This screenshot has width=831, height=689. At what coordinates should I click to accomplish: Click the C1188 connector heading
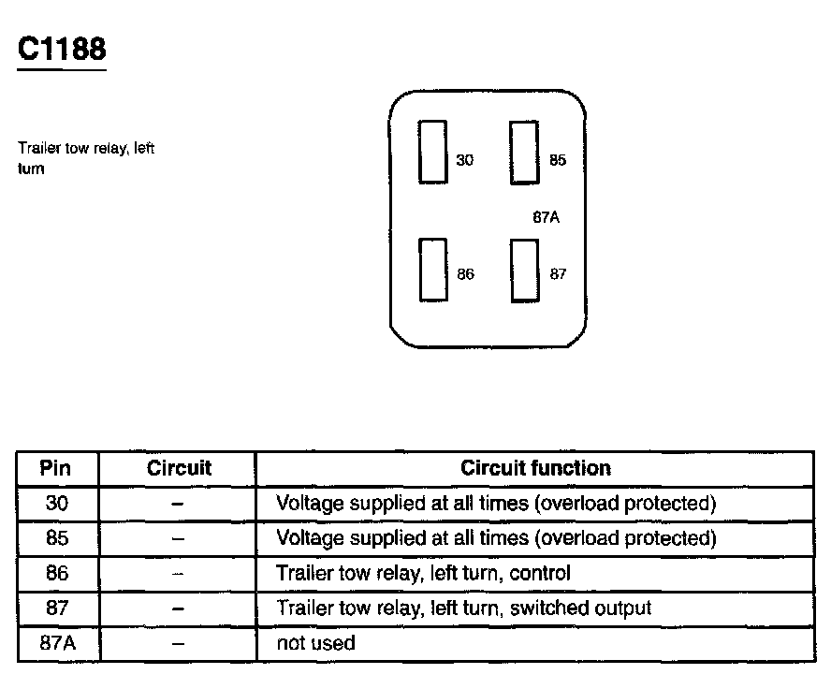coord(62,49)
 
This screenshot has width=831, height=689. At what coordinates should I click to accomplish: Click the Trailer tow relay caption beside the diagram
coord(85,157)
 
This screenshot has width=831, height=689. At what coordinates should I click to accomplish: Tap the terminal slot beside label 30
coord(432,152)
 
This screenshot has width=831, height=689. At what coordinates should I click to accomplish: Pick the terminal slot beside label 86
coord(432,270)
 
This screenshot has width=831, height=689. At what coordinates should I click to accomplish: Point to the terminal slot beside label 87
coord(524,271)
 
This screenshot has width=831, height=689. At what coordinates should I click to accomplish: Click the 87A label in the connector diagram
coord(546,217)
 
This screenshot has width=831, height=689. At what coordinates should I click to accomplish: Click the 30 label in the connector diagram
coord(464,160)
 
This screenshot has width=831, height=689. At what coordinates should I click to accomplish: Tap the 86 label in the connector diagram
coord(465,274)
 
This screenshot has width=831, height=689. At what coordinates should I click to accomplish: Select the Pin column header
coord(56,468)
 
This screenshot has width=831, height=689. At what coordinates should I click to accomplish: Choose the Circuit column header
coord(179,468)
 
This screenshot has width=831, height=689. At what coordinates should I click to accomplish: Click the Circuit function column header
coord(535,468)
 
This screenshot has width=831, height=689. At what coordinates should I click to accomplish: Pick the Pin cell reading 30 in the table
coord(56,504)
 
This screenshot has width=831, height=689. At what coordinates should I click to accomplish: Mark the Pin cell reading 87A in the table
coord(56,643)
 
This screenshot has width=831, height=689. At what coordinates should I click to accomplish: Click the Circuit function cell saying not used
coord(315,643)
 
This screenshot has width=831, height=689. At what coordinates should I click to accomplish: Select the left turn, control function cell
coord(423,573)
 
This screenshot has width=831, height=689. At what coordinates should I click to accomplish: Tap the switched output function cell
coord(463,608)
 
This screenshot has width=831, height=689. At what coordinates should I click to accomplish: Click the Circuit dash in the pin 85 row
coord(178,538)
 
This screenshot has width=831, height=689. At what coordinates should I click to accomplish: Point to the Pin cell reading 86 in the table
coord(56,573)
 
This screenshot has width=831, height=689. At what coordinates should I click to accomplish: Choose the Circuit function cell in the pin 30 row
coord(496,504)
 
